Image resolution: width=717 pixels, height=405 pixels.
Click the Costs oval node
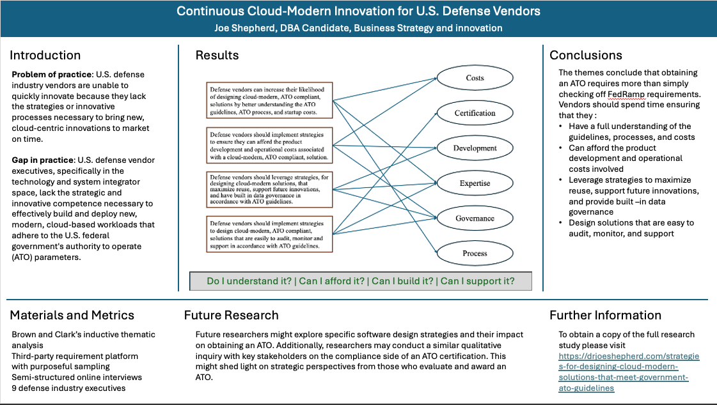tap(475, 78)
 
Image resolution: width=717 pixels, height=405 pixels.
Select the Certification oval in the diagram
tap(475, 113)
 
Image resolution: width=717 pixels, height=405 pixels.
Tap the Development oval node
tap(475, 148)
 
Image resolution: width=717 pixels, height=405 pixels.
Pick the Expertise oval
tap(475, 183)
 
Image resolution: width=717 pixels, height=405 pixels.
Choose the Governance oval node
tap(475, 218)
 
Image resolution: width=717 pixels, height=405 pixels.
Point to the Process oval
tap(475, 254)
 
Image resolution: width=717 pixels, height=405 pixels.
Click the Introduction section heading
tap(45, 55)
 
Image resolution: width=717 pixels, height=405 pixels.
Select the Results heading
tap(217, 55)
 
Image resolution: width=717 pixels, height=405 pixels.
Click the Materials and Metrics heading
tap(72, 315)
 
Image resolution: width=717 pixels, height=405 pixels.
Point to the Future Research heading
tap(231, 315)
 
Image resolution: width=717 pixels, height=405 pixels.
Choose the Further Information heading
tap(605, 315)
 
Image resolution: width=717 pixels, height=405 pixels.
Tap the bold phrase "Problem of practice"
tap(54, 75)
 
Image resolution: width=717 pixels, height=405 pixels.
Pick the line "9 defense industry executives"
tap(68, 388)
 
